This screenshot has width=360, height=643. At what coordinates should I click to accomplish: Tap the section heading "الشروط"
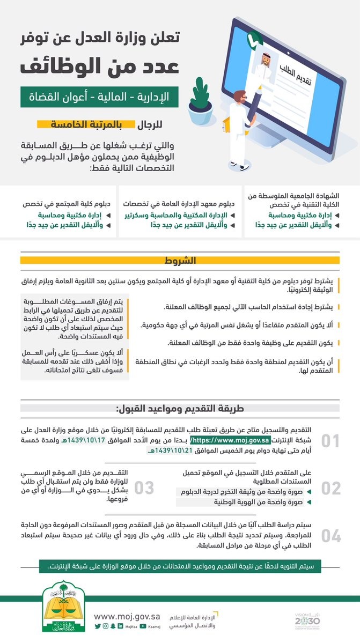point(181,261)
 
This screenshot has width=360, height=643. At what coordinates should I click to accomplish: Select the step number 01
point(330,441)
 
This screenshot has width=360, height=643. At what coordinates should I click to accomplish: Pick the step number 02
point(330,487)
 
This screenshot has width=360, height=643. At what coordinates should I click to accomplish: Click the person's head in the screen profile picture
point(265,57)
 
